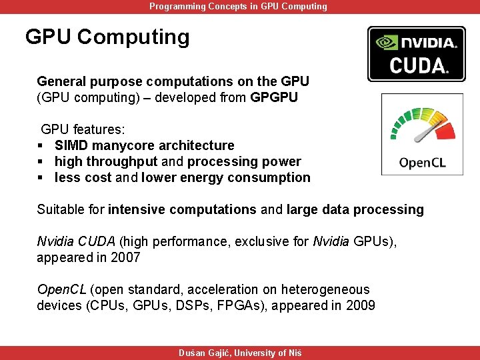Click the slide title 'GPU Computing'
107,37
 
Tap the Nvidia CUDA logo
416,54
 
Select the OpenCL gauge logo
422,135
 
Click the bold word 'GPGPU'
275,97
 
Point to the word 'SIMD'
71,145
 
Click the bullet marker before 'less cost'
41,178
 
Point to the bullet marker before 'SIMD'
41,146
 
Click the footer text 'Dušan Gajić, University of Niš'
239,353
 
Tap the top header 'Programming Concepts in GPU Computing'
238,6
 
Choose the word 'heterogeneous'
325,289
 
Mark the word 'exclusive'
260,241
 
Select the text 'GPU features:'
78,129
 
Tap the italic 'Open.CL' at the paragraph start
61,289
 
